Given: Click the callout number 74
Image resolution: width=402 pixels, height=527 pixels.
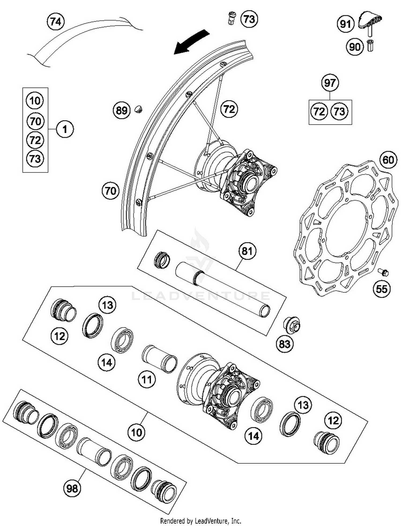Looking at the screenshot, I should pyautogui.click(x=56, y=21).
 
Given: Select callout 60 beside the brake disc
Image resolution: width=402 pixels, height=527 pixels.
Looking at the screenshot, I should pyautogui.click(x=388, y=160).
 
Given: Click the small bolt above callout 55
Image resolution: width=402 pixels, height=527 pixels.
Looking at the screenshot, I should pyautogui.click(x=384, y=272).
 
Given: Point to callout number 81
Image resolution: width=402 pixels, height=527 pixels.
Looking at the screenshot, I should pyautogui.click(x=247, y=251).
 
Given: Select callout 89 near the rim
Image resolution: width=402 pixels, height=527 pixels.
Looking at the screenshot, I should pyautogui.click(x=121, y=110).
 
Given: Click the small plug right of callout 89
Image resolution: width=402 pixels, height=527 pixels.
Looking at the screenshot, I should pyautogui.click(x=138, y=109).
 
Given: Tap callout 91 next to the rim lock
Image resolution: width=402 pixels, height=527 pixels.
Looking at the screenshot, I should pyautogui.click(x=345, y=24).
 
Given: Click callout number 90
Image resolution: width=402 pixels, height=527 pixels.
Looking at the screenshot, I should pyautogui.click(x=355, y=47).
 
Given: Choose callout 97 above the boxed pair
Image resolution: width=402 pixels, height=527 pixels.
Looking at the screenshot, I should pyautogui.click(x=330, y=83).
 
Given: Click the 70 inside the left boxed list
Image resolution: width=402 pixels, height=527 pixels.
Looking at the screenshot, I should pyautogui.click(x=35, y=121).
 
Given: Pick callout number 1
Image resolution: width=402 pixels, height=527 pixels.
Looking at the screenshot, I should pyautogui.click(x=65, y=130).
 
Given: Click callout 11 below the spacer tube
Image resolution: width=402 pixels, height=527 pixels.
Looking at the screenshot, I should pyautogui.click(x=147, y=379).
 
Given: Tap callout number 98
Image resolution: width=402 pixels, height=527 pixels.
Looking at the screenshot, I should pyautogui.click(x=72, y=489).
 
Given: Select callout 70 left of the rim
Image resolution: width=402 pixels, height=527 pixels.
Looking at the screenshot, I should pyautogui.click(x=110, y=191).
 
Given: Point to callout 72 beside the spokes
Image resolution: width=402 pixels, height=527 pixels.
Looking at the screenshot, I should pyautogui.click(x=229, y=109).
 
